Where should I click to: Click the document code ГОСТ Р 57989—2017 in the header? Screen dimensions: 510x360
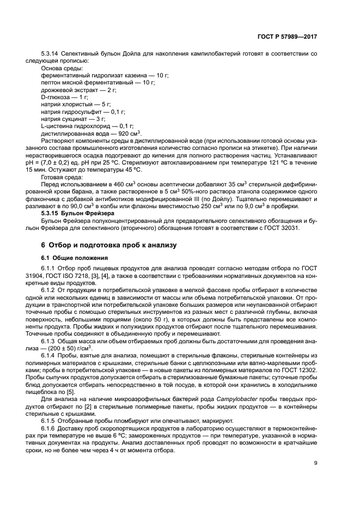[286, 36]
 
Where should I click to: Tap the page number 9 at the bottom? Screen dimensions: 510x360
[315, 464]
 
